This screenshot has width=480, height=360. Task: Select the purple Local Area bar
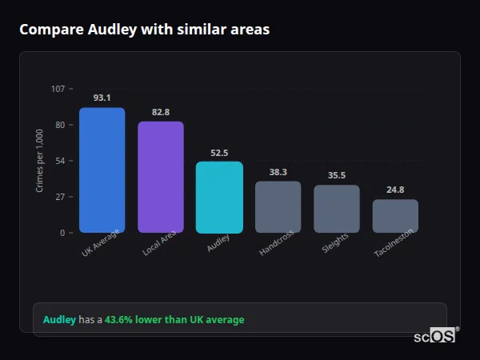click(161, 178)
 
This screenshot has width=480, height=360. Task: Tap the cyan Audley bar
click(219, 198)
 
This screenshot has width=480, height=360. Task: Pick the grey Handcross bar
click(278, 207)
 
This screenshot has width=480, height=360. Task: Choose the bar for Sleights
click(337, 209)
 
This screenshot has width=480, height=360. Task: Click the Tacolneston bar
click(395, 216)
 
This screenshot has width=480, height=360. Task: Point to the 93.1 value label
click(102, 98)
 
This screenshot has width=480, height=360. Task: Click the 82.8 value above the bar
click(161, 112)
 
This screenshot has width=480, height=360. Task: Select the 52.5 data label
click(219, 152)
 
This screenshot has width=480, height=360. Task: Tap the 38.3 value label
click(278, 171)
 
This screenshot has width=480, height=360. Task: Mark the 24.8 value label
click(395, 190)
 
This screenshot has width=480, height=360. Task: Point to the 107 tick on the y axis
click(58, 89)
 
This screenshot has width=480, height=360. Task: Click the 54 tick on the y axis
click(60, 161)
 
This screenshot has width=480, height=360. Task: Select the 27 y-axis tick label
click(60, 197)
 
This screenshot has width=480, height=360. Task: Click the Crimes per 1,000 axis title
click(40, 161)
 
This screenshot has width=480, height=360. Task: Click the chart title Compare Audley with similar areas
click(144, 30)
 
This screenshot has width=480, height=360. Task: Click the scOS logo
click(434, 336)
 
